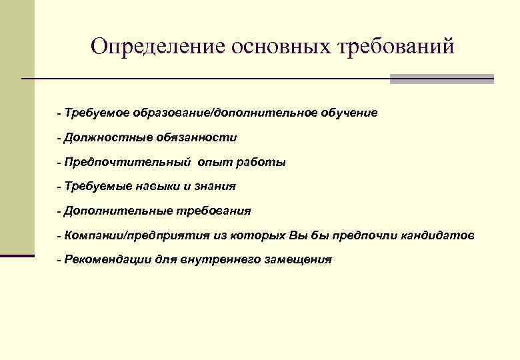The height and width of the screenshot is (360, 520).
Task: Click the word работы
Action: [262, 162]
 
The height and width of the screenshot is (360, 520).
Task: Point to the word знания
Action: [215, 187]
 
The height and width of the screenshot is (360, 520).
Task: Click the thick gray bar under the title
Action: [441, 79]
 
